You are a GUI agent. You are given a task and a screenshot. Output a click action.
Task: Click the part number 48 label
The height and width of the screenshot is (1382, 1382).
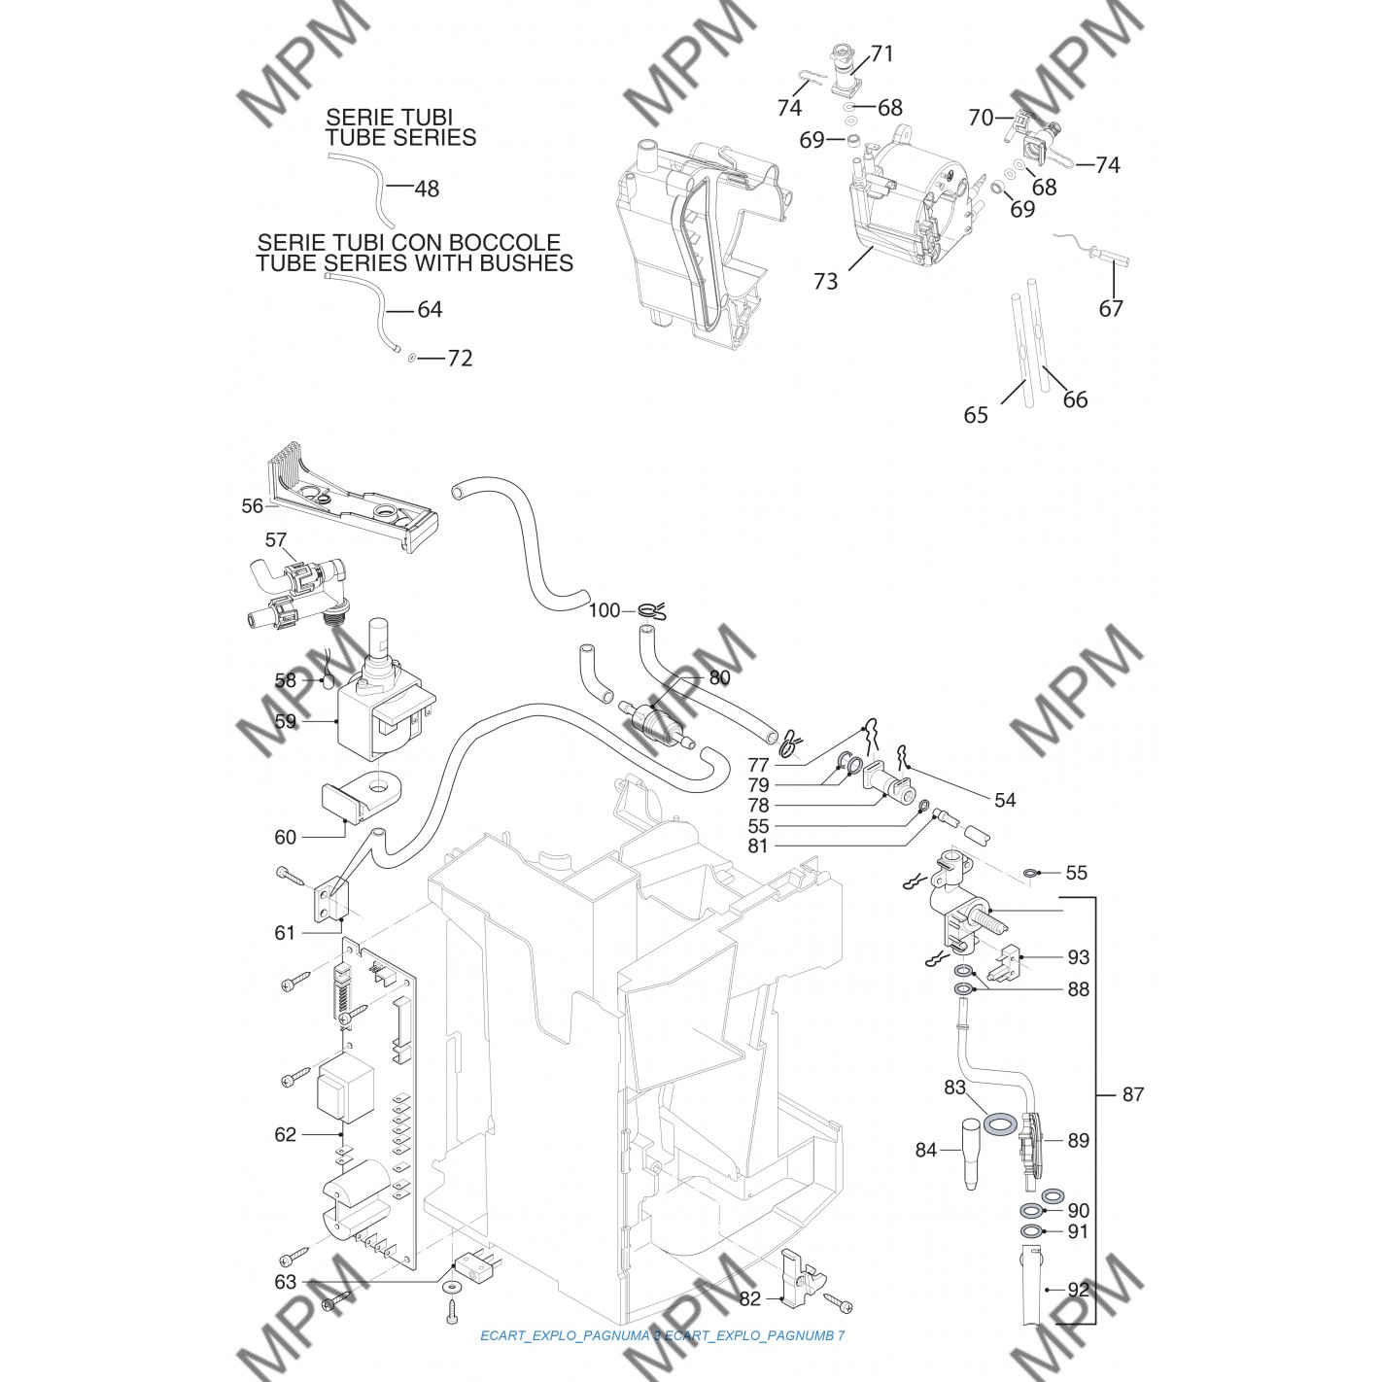point(427,189)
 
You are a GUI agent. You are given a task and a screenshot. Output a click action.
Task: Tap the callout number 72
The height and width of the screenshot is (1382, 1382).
point(460,359)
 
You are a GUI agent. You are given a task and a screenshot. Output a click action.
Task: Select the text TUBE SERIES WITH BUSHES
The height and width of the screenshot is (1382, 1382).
point(414,262)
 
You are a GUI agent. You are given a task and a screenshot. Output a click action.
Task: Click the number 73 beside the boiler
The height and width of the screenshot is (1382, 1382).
point(825,282)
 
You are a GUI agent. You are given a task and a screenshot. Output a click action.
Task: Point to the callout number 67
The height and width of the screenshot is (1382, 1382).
point(1111,309)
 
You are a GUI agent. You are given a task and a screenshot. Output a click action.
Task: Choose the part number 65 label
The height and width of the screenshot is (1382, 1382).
point(976,416)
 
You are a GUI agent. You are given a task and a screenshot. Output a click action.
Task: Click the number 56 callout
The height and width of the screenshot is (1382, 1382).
point(253,506)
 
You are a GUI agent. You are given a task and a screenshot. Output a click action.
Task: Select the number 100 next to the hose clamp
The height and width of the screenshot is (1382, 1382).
point(605,610)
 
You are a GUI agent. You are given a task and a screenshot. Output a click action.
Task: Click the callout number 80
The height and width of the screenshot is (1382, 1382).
point(720,677)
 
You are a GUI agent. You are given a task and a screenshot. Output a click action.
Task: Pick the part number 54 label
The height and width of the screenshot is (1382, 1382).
point(1005,800)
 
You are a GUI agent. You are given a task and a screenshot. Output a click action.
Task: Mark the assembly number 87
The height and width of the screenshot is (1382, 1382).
point(1133,1094)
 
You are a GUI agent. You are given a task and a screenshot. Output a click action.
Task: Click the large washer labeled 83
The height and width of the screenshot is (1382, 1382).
point(998,1123)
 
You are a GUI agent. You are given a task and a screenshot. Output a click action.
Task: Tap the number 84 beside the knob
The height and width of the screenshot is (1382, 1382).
point(925,1151)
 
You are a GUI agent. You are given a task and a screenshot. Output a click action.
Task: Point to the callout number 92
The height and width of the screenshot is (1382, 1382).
point(1078,1291)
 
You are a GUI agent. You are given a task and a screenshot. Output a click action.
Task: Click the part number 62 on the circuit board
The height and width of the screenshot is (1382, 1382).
point(285,1134)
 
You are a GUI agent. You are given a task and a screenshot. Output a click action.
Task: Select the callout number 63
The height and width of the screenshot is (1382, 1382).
point(285,1282)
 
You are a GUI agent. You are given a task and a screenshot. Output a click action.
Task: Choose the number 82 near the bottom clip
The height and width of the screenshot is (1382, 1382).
point(750,1298)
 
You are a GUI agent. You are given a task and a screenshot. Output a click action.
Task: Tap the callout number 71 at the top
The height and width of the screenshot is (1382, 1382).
point(881,53)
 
